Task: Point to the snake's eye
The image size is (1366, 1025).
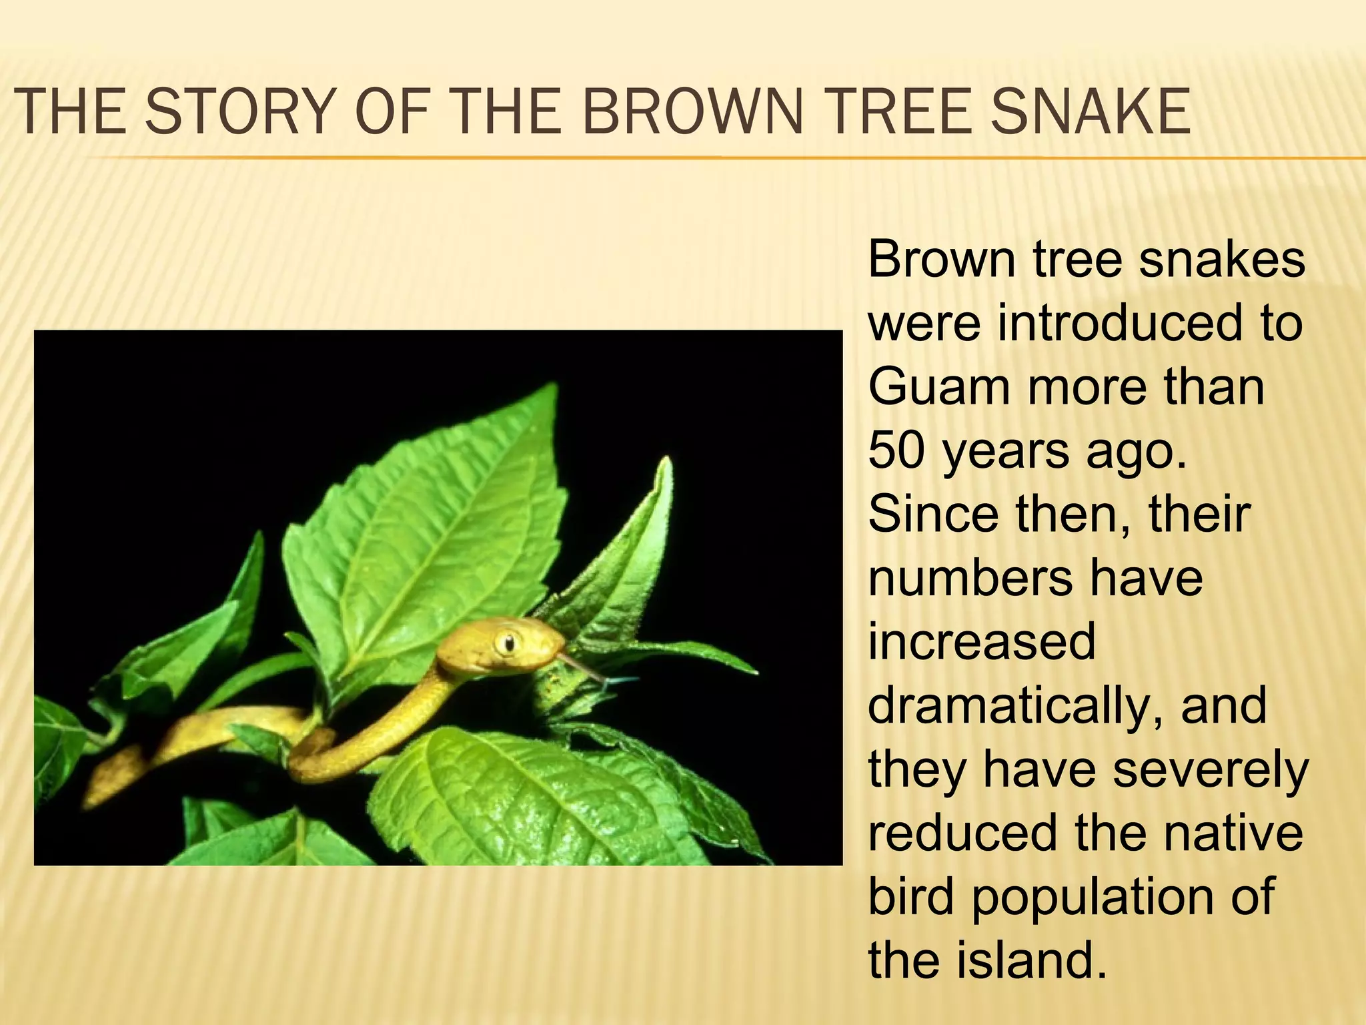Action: [508, 643]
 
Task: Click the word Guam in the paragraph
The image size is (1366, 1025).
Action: [939, 386]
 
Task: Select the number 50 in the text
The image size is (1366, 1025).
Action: [897, 450]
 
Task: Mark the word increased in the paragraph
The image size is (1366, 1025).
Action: [982, 641]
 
